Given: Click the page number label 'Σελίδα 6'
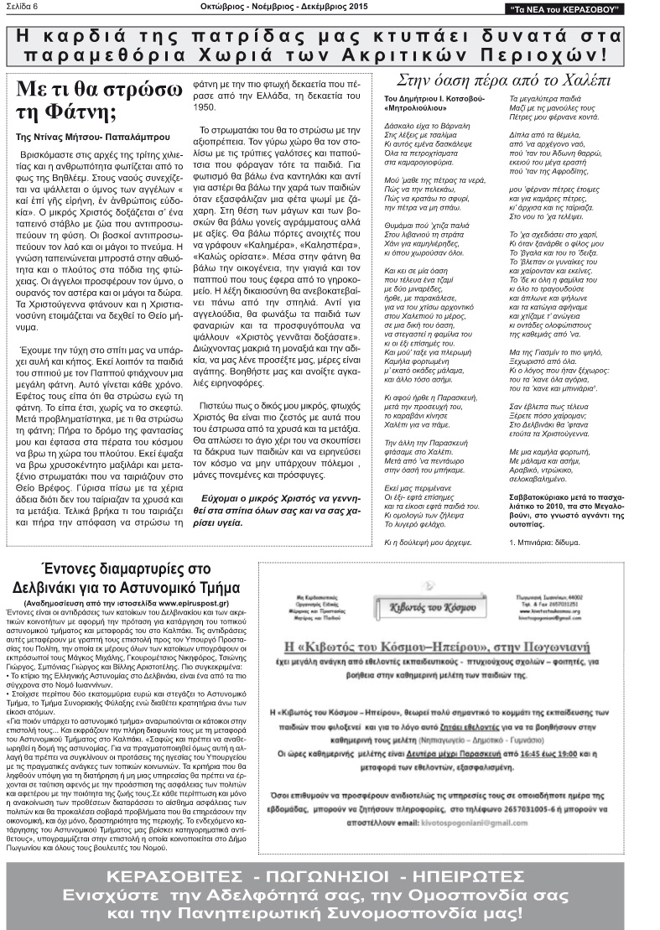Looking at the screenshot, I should point(24,8).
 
